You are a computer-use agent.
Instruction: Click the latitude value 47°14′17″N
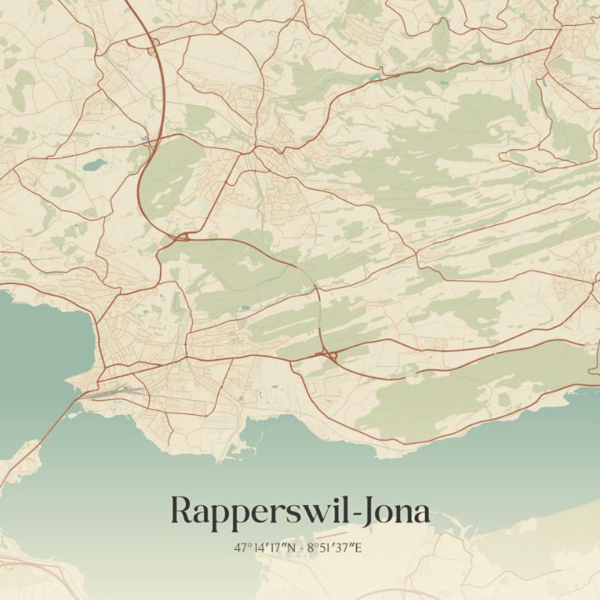click(x=266, y=547)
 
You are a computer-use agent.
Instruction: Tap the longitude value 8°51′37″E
click(x=336, y=547)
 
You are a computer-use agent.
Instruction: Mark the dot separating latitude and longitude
click(x=302, y=547)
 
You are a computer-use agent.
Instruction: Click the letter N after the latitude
click(x=292, y=547)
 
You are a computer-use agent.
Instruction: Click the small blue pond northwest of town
click(x=93, y=164)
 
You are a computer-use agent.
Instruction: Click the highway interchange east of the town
click(x=326, y=356)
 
